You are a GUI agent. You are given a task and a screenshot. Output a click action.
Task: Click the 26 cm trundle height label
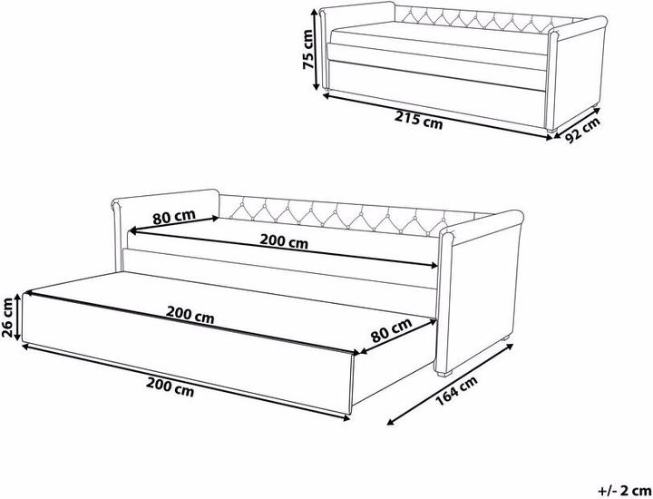(x=8, y=315)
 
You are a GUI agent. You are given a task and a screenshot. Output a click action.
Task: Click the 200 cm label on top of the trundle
(x=190, y=318)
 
